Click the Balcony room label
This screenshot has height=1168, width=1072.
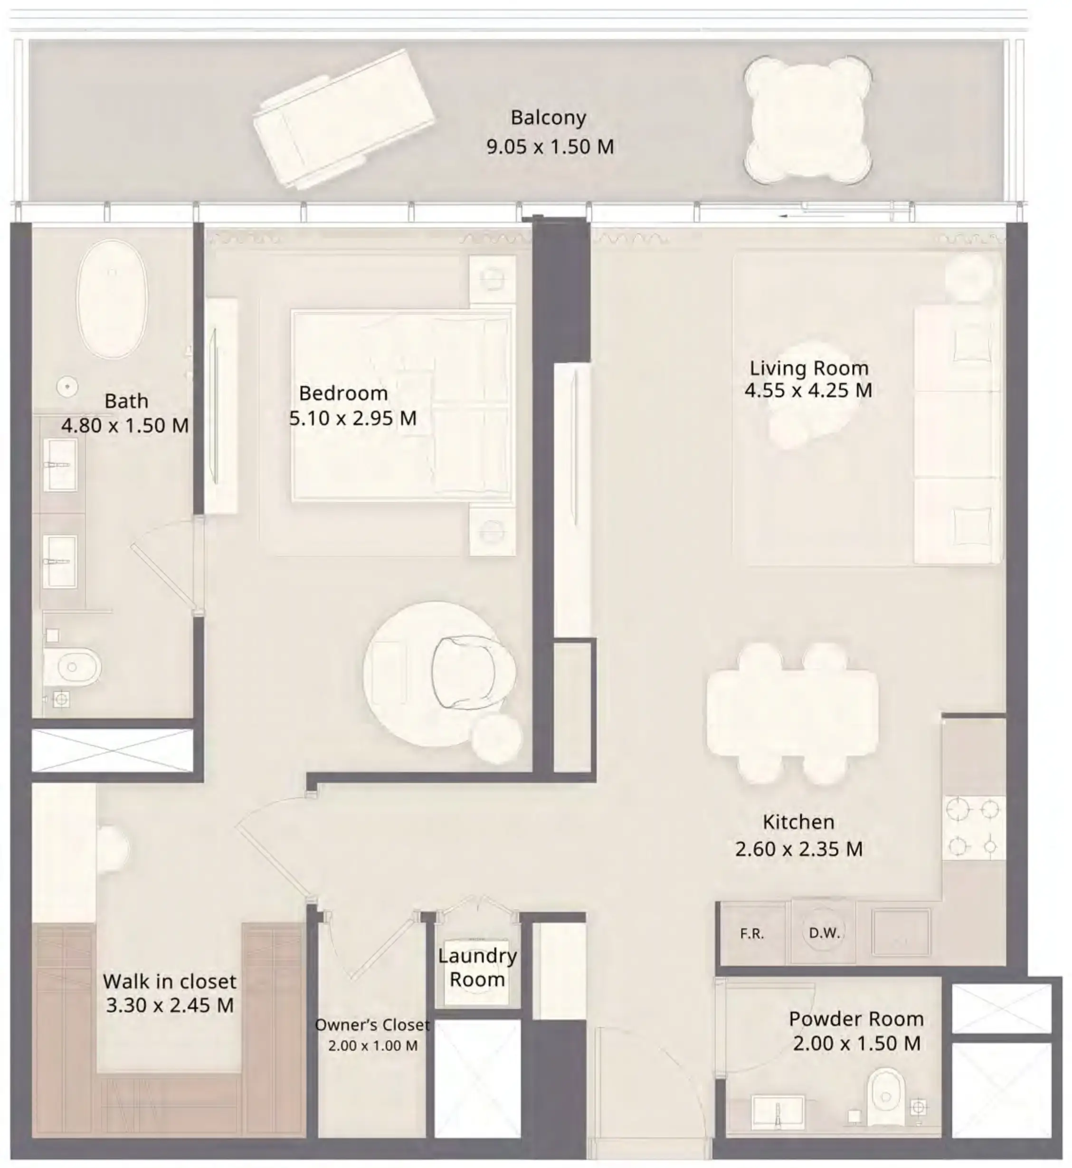548,118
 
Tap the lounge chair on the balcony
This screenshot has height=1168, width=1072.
343,118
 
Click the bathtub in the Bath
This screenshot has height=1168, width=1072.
113,299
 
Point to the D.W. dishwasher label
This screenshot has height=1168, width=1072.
824,933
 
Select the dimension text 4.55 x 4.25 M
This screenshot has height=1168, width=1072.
808,390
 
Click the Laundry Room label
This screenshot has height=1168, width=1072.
477,967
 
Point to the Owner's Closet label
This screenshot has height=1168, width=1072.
372,1025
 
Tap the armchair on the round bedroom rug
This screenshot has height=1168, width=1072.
467,673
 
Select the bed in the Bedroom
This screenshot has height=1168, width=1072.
401,405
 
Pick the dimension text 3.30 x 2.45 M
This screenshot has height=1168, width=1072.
170,1005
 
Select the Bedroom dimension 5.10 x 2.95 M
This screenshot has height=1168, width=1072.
353,418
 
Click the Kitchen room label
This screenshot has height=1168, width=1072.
798,822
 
